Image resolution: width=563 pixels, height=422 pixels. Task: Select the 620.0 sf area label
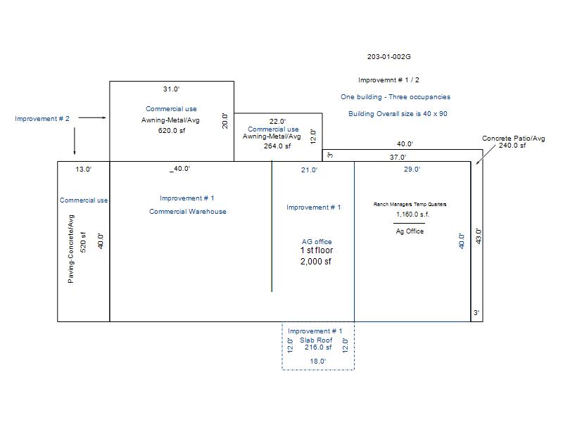point(171,131)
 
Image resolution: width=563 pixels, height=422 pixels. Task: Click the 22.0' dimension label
point(278,122)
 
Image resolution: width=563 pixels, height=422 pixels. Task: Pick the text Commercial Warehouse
point(188,212)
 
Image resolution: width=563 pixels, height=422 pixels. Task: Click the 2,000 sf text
point(316,262)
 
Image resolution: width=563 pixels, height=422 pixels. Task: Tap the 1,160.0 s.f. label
point(410,215)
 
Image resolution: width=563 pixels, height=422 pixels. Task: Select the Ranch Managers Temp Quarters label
point(410,205)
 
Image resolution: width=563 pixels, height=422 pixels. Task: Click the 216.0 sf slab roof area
point(318,347)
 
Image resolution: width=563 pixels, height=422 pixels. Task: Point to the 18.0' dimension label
point(318,362)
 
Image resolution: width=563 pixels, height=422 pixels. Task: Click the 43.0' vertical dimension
point(479,236)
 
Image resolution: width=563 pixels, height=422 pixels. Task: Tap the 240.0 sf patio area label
point(513,146)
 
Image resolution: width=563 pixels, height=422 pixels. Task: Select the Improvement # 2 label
point(42,119)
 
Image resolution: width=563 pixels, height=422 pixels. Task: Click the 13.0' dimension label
point(83,170)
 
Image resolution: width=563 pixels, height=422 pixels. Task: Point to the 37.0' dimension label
point(398,158)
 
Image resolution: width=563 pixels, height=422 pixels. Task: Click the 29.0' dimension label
point(412,170)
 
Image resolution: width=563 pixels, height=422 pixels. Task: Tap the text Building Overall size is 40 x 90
point(398,114)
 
